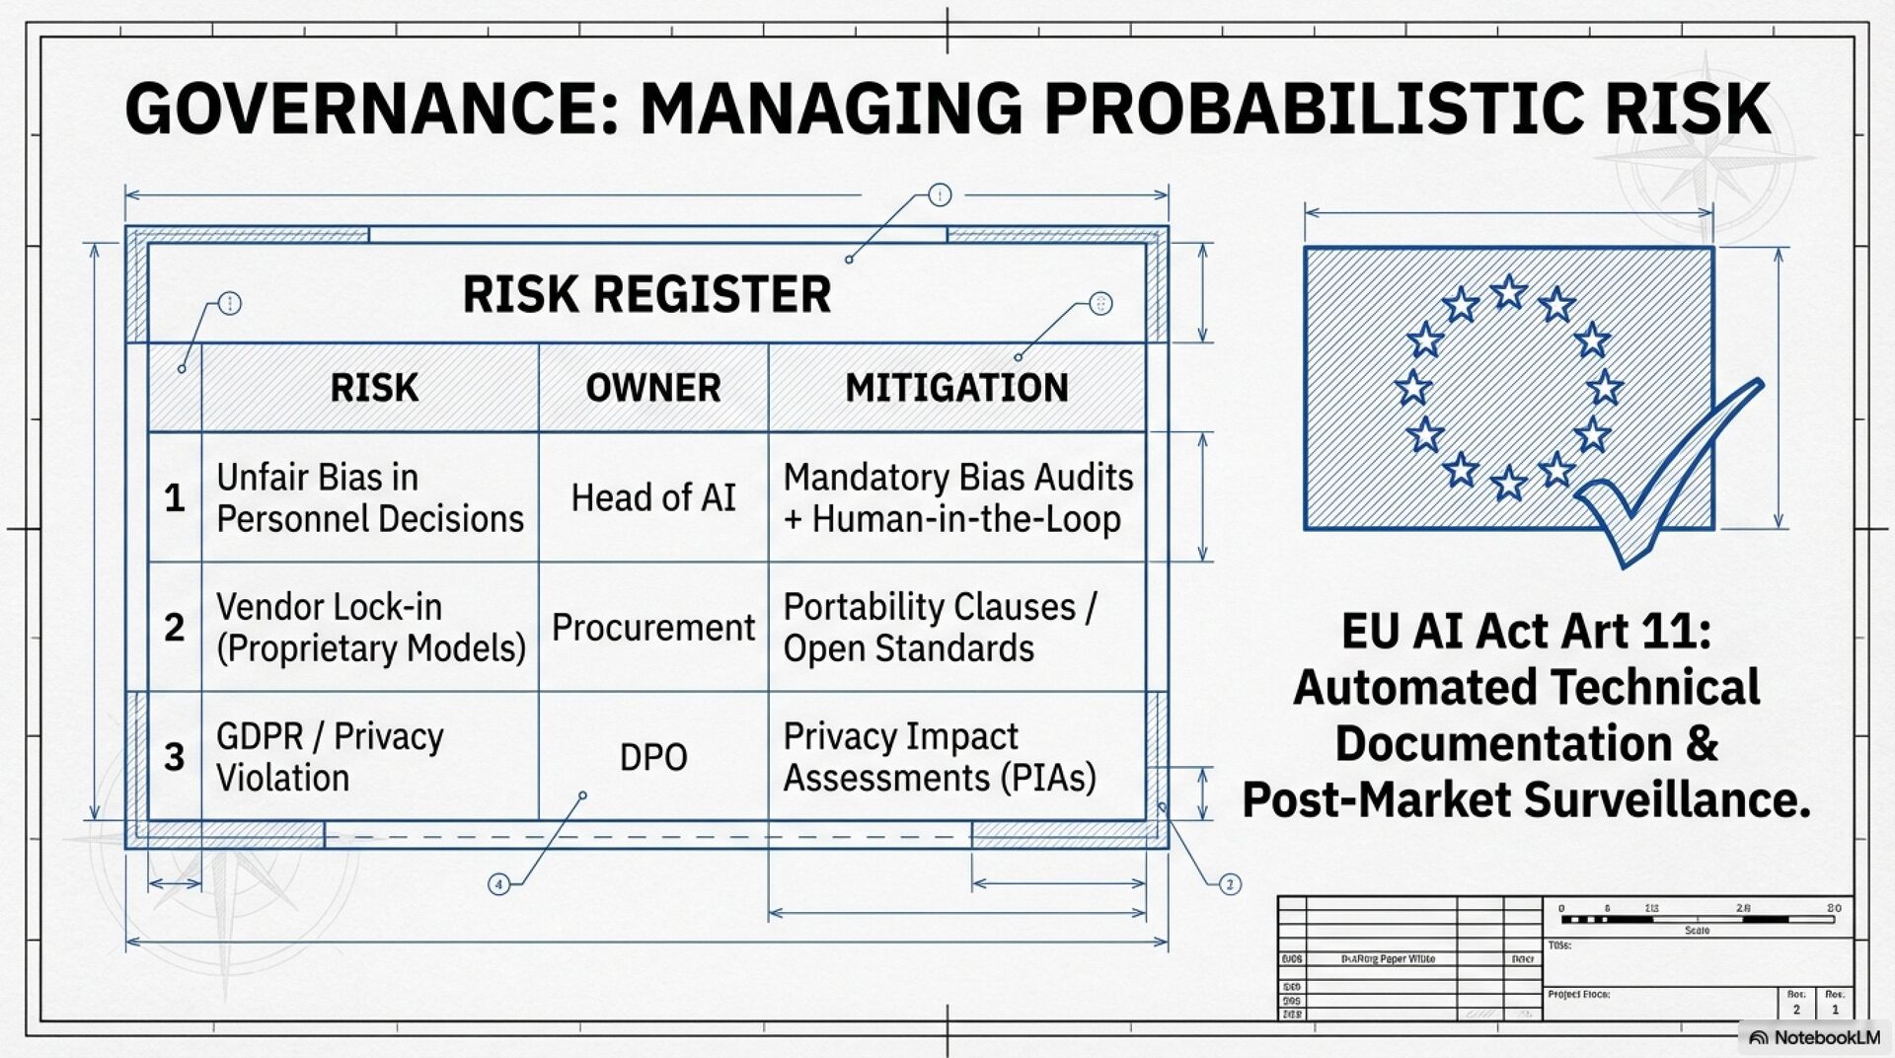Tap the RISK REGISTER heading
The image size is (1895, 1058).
[646, 294]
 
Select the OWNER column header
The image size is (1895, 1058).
[652, 388]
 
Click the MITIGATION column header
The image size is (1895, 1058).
[956, 388]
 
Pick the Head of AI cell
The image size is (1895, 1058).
[652, 497]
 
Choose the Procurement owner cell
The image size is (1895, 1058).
[652, 628]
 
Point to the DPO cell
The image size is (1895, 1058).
[652, 757]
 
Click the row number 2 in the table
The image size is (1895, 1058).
[175, 628]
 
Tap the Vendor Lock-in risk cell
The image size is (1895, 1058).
[370, 628]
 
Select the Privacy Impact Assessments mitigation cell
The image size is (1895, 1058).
[940, 757]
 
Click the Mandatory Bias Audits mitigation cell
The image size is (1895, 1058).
[957, 497]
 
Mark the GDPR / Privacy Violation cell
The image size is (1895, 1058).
[330, 757]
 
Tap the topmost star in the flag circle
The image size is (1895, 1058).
[1508, 292]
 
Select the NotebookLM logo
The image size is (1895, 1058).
[1814, 1037]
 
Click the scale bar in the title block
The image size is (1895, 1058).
[1697, 919]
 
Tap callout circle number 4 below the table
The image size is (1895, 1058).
[499, 884]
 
